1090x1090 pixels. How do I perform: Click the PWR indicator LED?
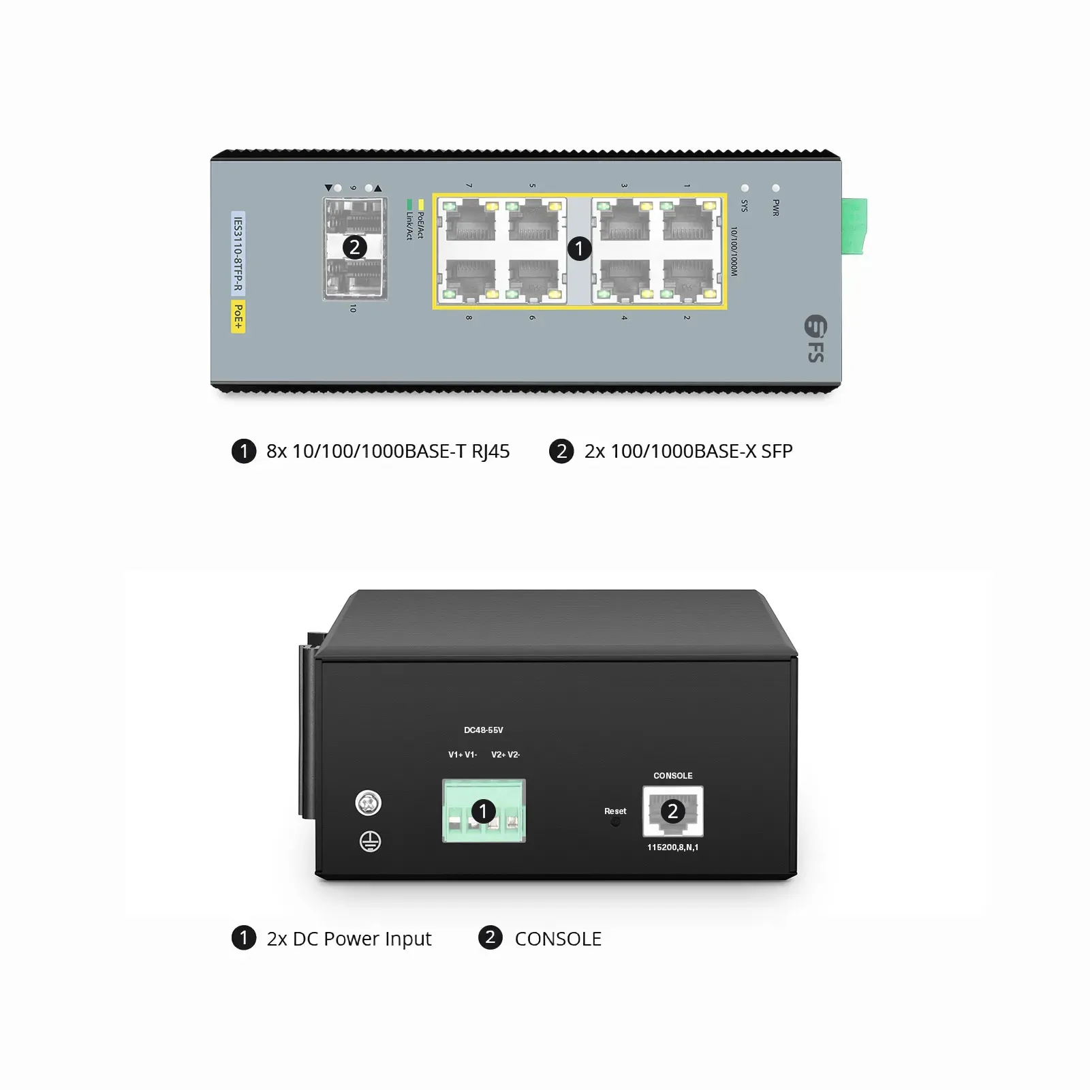(775, 187)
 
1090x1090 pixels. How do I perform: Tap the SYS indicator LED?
(745, 187)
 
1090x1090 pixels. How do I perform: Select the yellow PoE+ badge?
(238, 317)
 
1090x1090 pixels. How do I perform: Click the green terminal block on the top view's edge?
(854, 226)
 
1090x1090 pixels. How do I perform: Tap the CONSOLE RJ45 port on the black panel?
(673, 811)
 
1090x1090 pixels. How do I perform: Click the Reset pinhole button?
(615, 823)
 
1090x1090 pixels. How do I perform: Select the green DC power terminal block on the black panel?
(484, 811)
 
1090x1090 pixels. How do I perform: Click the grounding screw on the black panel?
(369, 803)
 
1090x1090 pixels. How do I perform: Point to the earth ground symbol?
(370, 842)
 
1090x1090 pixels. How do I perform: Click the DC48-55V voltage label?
(484, 730)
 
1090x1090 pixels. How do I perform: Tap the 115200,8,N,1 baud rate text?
(673, 847)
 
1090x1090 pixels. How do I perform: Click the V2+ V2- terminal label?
(505, 755)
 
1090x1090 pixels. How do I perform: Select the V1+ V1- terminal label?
(463, 755)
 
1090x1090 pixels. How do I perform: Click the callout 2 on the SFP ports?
(354, 247)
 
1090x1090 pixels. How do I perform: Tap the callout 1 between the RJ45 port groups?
(579, 249)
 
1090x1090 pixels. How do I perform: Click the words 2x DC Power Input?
(349, 939)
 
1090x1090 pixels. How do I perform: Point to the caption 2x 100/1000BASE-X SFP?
(688, 451)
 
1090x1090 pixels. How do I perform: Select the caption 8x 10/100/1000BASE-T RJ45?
(388, 452)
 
